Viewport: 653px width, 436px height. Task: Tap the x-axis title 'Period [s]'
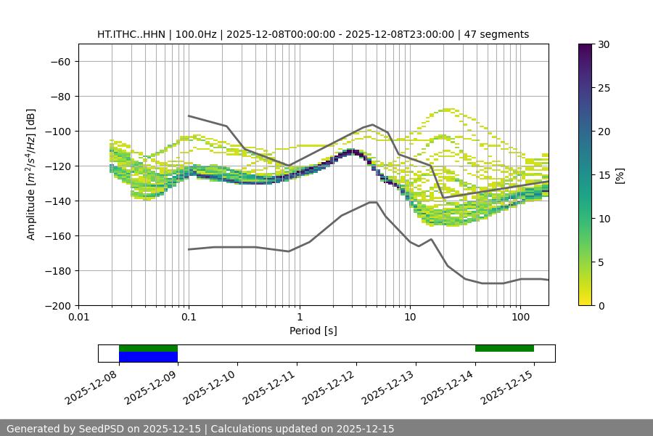point(313,331)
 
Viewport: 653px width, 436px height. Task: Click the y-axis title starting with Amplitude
point(31,174)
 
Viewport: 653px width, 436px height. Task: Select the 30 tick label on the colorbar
point(604,44)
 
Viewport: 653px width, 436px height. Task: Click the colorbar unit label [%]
point(620,175)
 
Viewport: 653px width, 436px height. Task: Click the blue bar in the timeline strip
point(148,357)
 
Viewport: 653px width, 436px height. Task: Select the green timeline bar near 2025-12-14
point(504,348)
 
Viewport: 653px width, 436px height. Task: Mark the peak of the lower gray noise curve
point(373,202)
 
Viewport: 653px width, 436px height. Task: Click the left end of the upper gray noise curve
point(189,116)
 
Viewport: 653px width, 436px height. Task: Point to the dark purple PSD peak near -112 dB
point(353,151)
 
